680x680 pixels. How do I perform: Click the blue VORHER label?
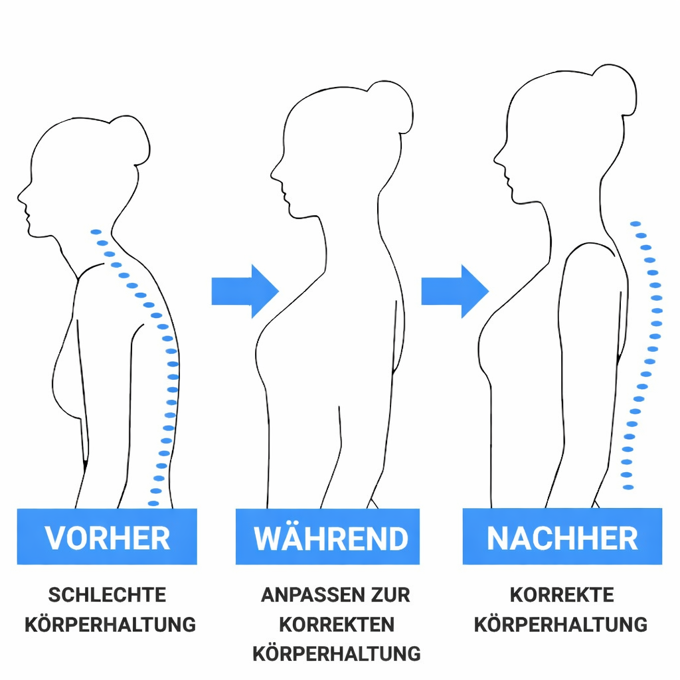[x=107, y=537]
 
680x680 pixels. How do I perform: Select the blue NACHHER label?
[x=562, y=537]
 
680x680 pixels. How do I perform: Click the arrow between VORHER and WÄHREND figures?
[x=244, y=291]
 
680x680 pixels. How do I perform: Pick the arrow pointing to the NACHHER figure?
[x=455, y=291]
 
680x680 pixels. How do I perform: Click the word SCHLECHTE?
[x=107, y=595]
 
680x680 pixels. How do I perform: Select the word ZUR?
[x=392, y=595]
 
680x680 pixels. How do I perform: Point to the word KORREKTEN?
[x=336, y=624]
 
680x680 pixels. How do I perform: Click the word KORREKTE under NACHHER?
[x=562, y=595]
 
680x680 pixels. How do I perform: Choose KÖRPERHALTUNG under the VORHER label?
[x=110, y=624]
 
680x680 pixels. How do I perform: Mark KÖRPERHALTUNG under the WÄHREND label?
[x=336, y=653]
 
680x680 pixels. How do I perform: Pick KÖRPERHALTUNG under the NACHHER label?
[x=561, y=624]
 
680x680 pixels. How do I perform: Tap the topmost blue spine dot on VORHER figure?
[x=96, y=232]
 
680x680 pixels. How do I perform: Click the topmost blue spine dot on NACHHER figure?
[x=636, y=224]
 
